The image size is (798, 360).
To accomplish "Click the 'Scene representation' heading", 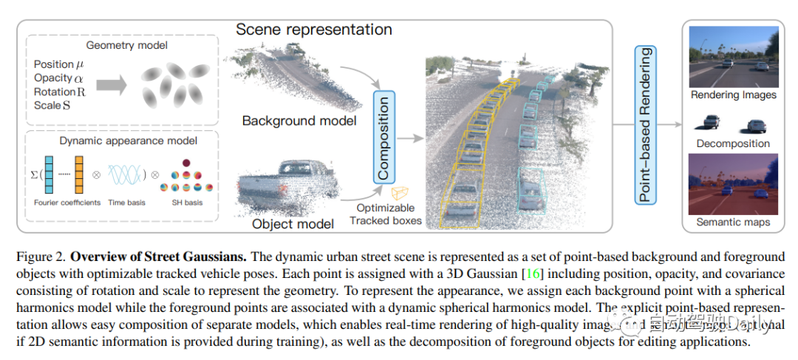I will [x=314, y=30].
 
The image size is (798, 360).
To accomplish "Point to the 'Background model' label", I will [x=299, y=120].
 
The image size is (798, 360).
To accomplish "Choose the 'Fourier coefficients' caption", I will [x=67, y=203].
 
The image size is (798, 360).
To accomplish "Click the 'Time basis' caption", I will [x=127, y=203].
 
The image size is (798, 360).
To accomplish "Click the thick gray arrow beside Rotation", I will [x=109, y=84].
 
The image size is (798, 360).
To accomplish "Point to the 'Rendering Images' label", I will [x=733, y=95].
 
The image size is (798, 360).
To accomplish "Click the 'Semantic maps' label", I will [x=733, y=222].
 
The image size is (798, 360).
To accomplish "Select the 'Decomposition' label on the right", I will [x=733, y=143].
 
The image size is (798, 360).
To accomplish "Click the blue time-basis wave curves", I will [x=128, y=177].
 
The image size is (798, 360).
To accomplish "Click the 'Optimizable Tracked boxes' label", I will [x=386, y=214].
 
